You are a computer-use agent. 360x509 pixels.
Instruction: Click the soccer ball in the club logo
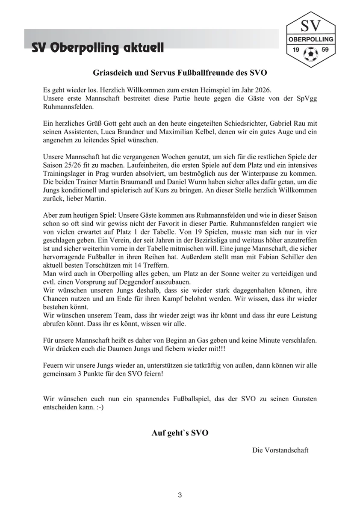[x=310, y=53]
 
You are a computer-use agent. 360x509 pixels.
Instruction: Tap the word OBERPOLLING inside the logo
[x=311, y=39]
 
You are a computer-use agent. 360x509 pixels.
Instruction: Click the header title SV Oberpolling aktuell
[x=98, y=48]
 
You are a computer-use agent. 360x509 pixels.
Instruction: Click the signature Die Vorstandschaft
[x=280, y=450]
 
